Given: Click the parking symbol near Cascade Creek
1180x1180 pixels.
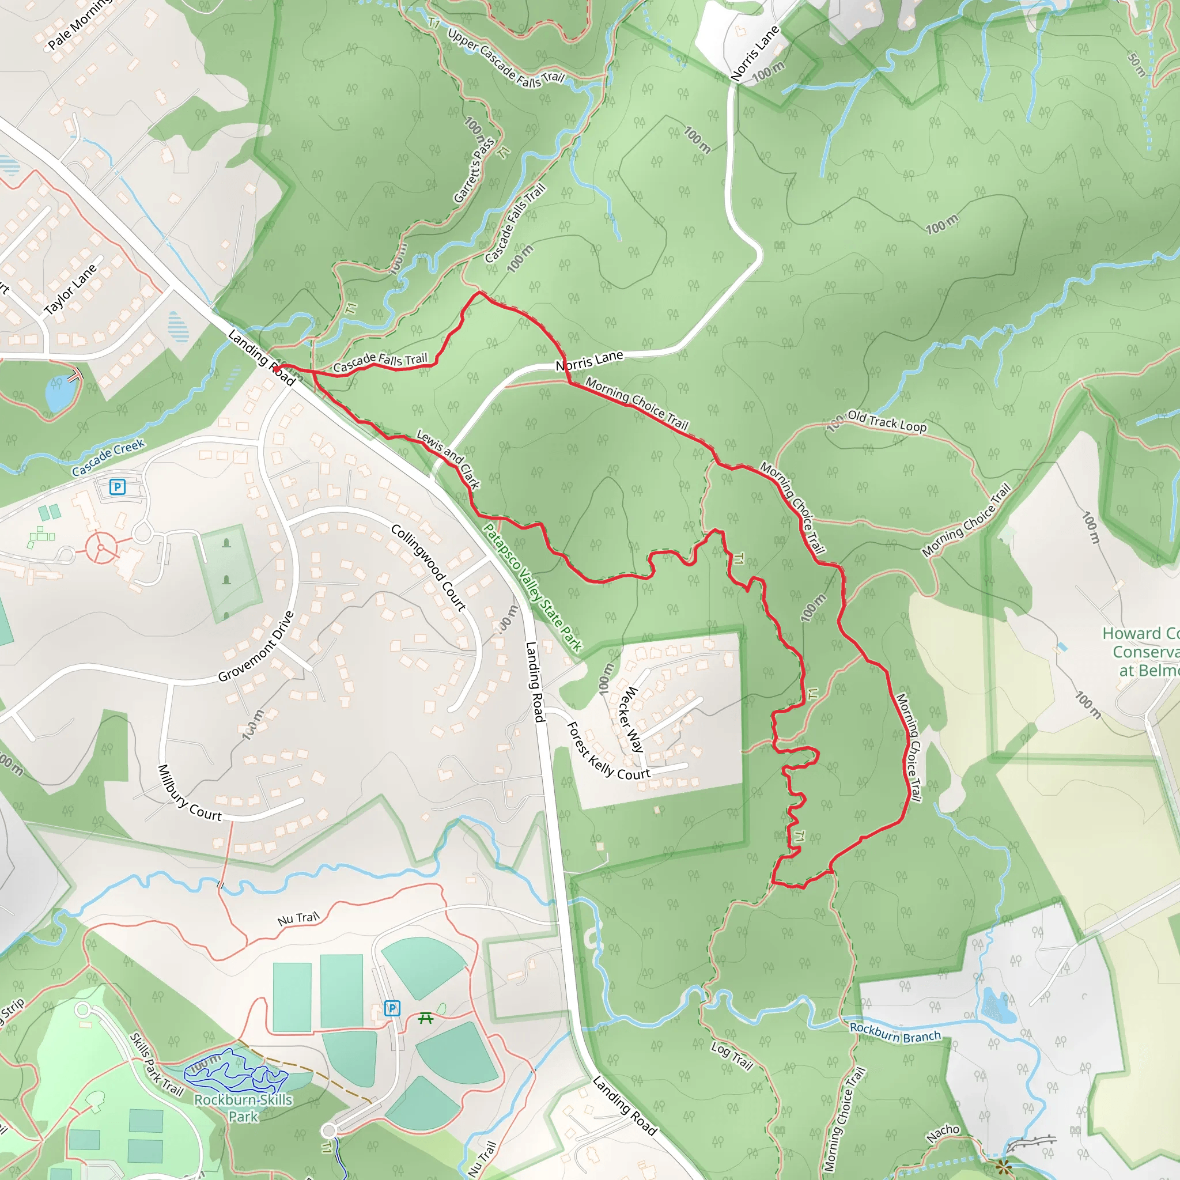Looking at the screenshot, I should [x=118, y=487].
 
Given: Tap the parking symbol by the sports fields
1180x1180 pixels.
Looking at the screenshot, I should [x=392, y=1008].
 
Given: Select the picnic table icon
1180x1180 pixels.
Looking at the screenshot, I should [x=426, y=1018].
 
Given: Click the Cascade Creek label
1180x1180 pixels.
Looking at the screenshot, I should [x=108, y=457].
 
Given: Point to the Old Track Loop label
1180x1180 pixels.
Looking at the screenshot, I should [x=887, y=421].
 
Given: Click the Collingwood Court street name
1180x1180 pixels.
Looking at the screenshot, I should [x=429, y=568].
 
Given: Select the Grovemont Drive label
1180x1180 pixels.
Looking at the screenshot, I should [x=256, y=646].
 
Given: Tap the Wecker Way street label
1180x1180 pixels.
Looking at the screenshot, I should [x=631, y=719].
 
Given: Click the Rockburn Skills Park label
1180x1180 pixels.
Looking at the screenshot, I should [x=243, y=1108].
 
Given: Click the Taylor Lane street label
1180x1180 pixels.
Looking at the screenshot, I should [x=70, y=289].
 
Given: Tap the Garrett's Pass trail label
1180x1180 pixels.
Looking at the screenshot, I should [x=474, y=171].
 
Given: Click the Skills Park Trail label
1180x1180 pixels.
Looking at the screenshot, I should [x=156, y=1065].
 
